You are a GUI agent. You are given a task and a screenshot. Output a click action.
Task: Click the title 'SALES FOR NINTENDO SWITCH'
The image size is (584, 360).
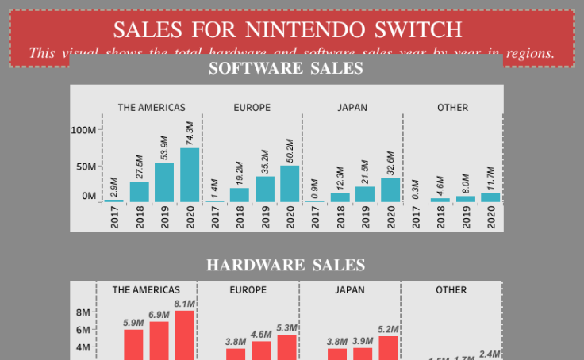[287, 29]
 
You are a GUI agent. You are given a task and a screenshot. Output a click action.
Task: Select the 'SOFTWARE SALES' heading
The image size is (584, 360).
[286, 69]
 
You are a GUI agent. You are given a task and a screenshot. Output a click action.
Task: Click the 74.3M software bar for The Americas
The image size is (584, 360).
[190, 175]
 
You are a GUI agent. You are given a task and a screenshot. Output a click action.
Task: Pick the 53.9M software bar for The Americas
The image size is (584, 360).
[164, 182]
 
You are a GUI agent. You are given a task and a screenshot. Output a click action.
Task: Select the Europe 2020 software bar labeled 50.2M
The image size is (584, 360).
[290, 184]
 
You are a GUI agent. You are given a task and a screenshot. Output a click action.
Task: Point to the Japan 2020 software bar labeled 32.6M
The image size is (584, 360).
[390, 190]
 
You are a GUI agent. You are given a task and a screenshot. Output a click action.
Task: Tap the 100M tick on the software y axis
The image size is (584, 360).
[83, 130]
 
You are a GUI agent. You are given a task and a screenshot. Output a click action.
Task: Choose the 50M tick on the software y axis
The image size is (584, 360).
[86, 167]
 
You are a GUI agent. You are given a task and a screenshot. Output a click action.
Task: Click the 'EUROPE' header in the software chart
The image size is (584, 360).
[252, 108]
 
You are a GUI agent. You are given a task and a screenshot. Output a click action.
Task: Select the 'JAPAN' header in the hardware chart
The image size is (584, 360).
[350, 290]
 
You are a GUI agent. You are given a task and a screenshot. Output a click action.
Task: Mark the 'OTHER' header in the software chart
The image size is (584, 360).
[452, 108]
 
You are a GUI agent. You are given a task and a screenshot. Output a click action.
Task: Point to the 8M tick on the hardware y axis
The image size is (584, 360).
[83, 312]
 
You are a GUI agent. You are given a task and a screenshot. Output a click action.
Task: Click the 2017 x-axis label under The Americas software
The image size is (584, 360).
[114, 218]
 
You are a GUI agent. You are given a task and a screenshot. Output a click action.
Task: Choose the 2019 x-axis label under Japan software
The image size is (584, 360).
[365, 218]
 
